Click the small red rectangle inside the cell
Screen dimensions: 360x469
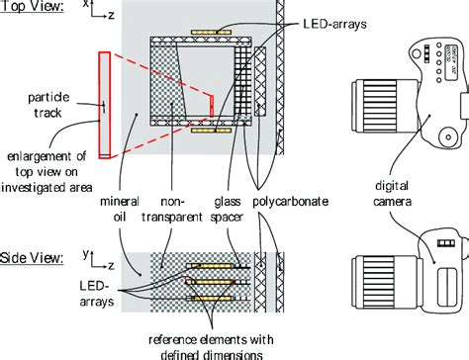tap(210, 102)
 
